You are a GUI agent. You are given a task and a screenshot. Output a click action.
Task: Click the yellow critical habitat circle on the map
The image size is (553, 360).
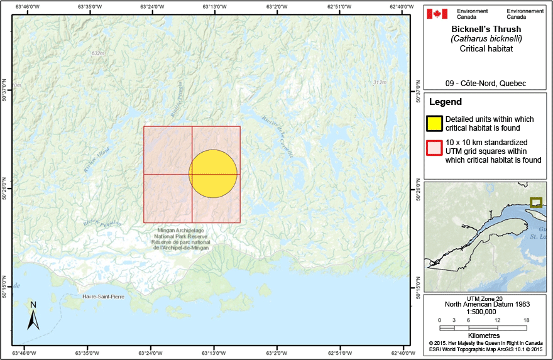(213, 174)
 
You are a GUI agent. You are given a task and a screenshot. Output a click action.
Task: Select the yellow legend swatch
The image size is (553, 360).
(435, 123)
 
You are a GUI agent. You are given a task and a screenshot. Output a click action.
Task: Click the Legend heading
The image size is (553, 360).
(446, 102)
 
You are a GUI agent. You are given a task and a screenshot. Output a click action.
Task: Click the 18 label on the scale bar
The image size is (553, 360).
(526, 320)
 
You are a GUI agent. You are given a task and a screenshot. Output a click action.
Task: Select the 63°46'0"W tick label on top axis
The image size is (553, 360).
(24, 7)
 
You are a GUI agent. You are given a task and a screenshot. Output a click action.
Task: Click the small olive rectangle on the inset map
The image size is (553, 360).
(535, 202)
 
